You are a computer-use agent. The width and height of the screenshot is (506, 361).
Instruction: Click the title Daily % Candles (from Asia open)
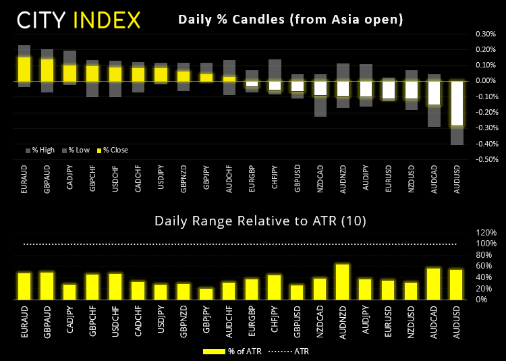pos(290,20)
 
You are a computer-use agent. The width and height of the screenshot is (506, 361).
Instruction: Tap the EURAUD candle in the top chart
pos(24,69)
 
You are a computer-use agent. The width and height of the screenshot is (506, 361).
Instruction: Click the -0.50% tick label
pos(486,160)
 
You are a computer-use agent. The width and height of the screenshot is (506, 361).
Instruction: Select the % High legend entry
pos(43,150)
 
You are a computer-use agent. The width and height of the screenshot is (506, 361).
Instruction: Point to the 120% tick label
pos(487,233)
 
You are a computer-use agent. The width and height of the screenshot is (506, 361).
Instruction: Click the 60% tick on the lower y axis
pos(488,266)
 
